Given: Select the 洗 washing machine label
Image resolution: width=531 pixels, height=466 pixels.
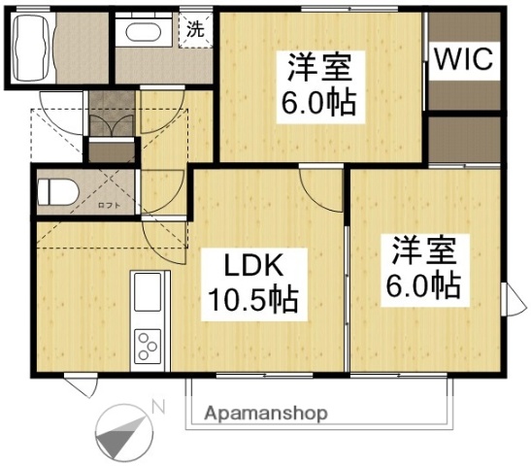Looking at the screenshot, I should pos(195,28).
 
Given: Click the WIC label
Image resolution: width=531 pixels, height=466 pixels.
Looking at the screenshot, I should pos(465,59).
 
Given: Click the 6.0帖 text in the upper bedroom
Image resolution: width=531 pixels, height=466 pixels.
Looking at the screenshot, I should pos(318,101).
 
